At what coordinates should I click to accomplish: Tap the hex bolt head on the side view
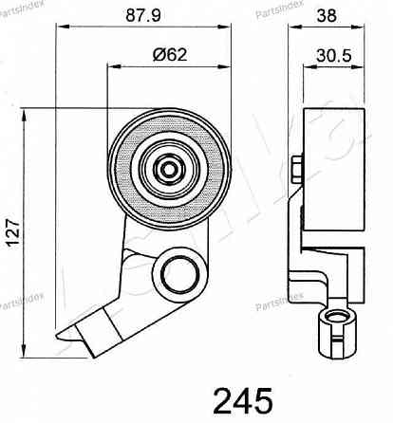point(296,171)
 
